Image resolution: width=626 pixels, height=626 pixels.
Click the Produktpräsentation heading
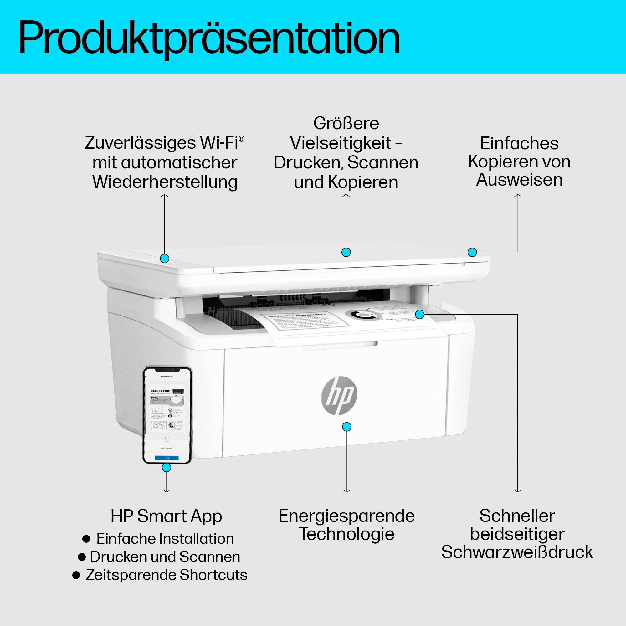tap(209, 38)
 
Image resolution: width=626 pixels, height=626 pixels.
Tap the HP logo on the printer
tap(339, 395)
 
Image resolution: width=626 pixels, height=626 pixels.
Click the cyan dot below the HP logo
tap(347, 427)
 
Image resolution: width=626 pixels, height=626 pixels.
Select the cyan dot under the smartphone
tap(167, 467)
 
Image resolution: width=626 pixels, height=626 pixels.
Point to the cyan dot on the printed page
tap(420, 314)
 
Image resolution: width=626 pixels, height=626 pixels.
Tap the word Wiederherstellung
tap(165, 182)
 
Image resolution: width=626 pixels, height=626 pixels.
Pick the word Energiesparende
tap(346, 516)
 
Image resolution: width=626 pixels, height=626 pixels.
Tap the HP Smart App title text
tap(166, 516)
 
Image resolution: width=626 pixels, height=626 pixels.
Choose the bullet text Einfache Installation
tap(165, 539)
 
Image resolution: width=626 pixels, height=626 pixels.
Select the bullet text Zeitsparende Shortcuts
tap(167, 575)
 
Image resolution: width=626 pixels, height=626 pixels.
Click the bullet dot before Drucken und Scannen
tap(82, 557)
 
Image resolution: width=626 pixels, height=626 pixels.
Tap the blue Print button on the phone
tap(167, 458)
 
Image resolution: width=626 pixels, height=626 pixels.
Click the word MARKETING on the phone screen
tap(161, 391)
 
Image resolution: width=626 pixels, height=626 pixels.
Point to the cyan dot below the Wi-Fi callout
tap(165, 258)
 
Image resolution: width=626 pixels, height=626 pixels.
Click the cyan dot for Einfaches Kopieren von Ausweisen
tap(472, 252)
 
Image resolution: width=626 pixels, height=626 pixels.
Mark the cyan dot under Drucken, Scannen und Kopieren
tap(346, 252)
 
